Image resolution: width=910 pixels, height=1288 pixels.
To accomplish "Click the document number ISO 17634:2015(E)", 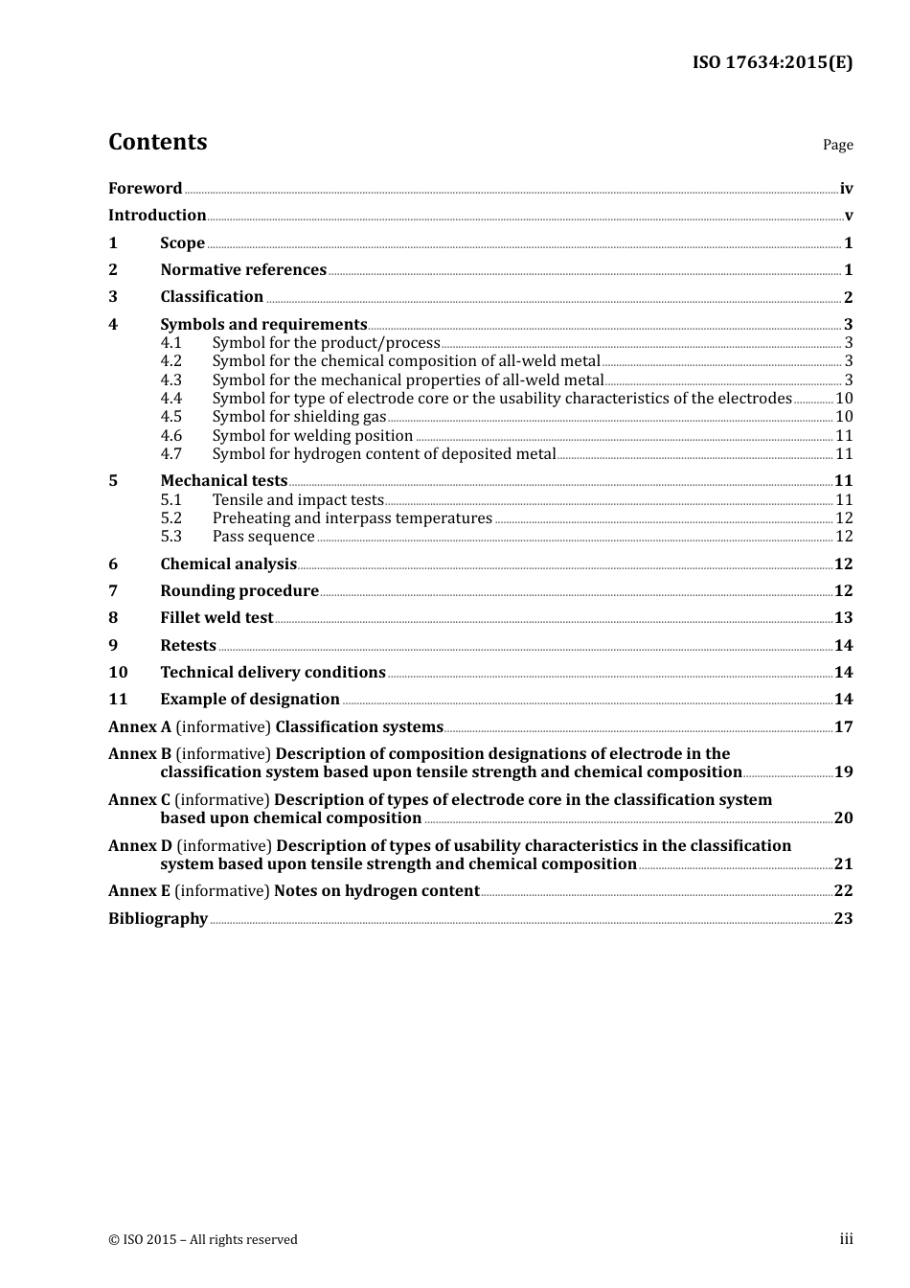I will (x=772, y=62).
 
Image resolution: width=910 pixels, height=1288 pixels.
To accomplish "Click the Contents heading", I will (x=157, y=142).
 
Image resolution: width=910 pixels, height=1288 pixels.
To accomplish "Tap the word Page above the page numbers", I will (x=837, y=145).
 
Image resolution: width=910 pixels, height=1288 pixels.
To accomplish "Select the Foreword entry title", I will (x=145, y=189).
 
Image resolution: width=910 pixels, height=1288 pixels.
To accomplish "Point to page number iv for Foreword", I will (x=846, y=189).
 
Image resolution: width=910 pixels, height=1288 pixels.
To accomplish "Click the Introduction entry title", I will (x=157, y=216).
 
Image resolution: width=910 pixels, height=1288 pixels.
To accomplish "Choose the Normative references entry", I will (x=243, y=270).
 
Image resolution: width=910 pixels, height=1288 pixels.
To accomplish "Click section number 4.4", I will (x=171, y=399).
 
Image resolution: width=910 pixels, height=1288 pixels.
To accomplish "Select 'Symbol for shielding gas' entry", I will (x=299, y=417).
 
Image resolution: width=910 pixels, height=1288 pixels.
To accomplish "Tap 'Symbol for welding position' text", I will (x=312, y=436).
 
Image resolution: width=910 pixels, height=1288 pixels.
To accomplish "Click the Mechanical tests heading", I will (x=223, y=481).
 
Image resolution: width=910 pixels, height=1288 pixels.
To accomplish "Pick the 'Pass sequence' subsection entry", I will (x=263, y=537).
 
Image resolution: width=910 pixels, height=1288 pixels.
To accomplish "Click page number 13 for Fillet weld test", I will (x=843, y=618).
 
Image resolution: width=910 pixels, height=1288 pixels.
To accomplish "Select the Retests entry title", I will (x=188, y=646).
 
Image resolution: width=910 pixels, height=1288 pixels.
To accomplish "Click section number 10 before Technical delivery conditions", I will (x=118, y=673).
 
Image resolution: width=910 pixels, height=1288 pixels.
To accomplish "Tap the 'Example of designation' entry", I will (x=250, y=700).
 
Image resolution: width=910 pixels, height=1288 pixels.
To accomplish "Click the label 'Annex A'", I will (x=140, y=727).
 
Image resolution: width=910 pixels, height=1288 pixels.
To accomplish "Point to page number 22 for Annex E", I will (x=843, y=891).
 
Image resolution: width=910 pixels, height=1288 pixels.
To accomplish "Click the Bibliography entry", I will (x=158, y=919).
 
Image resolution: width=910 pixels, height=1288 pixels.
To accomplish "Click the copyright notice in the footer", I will (x=203, y=1240).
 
